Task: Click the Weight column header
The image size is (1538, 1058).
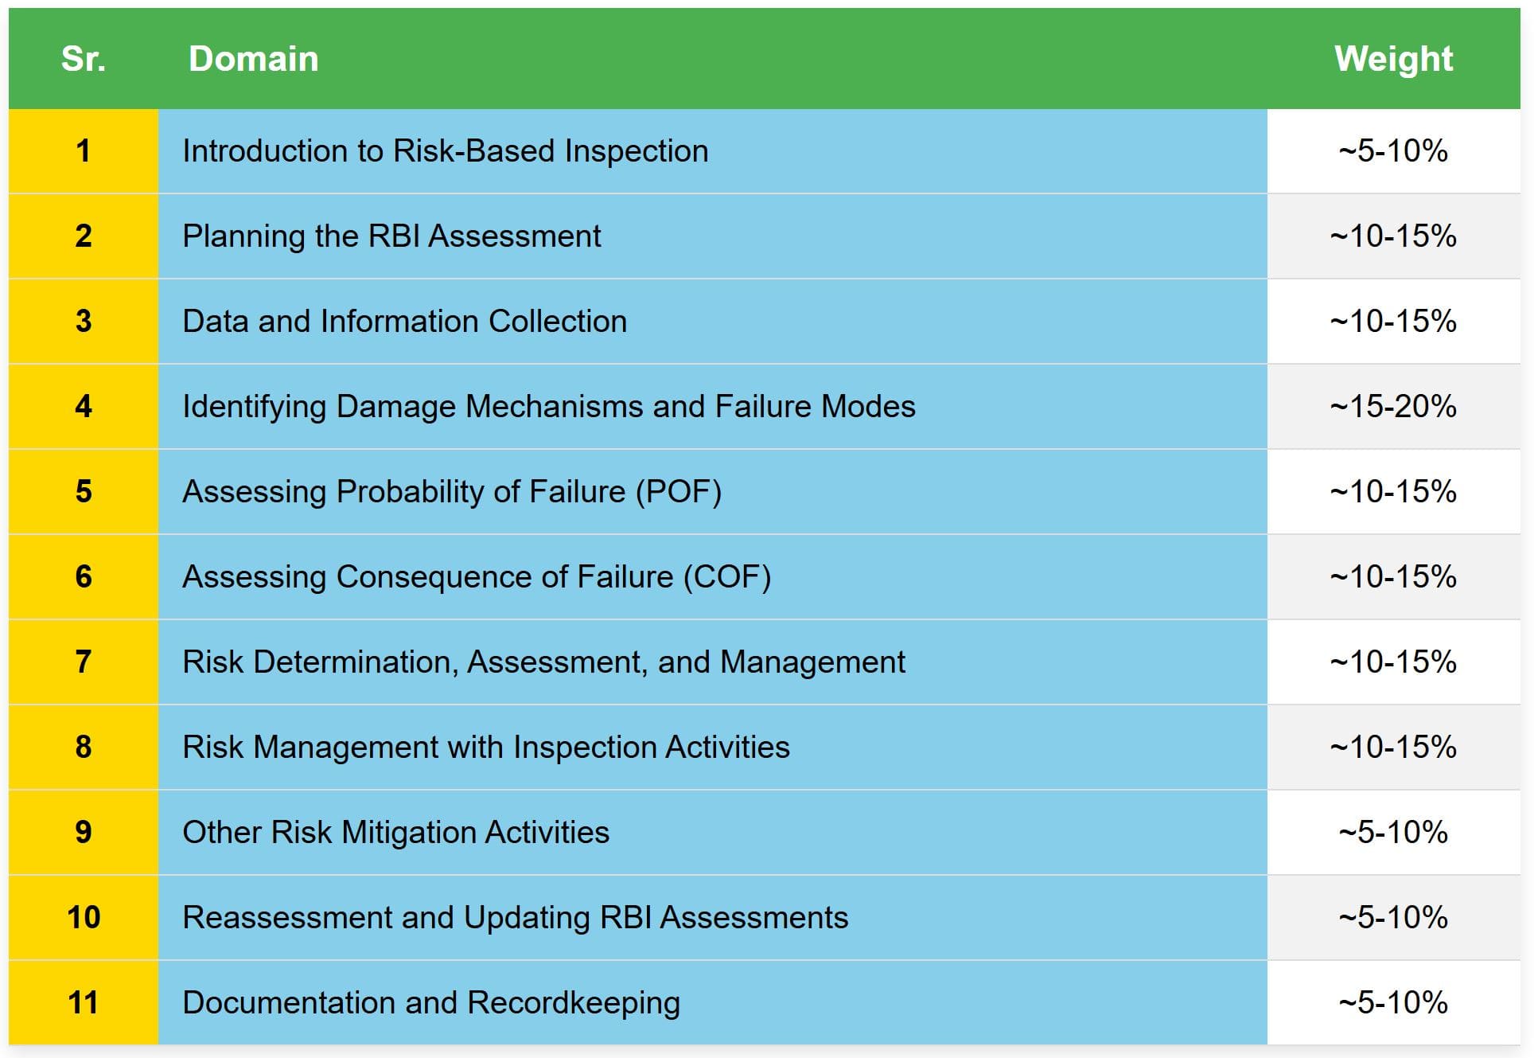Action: pyautogui.click(x=1393, y=59)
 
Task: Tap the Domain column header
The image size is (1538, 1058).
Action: pyautogui.click(x=253, y=59)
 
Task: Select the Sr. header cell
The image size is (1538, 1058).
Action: pyautogui.click(x=84, y=59)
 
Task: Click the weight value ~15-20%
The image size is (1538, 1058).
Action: pyautogui.click(x=1393, y=407)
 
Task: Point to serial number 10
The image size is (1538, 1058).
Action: pyautogui.click(x=84, y=917)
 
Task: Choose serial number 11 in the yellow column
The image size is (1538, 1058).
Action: pyautogui.click(x=84, y=1002)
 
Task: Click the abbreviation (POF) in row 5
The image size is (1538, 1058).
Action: pyautogui.click(x=679, y=492)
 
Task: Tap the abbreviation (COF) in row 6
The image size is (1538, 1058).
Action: pyautogui.click(x=727, y=577)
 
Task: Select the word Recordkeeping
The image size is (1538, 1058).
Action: pyautogui.click(x=574, y=1003)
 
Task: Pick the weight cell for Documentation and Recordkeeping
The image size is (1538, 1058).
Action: pyautogui.click(x=1393, y=1002)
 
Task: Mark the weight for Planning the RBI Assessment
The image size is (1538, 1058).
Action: pyautogui.click(x=1393, y=236)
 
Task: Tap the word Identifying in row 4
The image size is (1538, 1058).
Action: pyautogui.click(x=254, y=407)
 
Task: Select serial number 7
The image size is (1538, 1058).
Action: pyautogui.click(x=84, y=662)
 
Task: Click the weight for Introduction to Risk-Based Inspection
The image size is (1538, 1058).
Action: pyautogui.click(x=1393, y=151)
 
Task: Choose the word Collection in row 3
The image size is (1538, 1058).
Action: pyautogui.click(x=558, y=322)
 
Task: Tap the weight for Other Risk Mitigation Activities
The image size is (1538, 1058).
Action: pyautogui.click(x=1393, y=832)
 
